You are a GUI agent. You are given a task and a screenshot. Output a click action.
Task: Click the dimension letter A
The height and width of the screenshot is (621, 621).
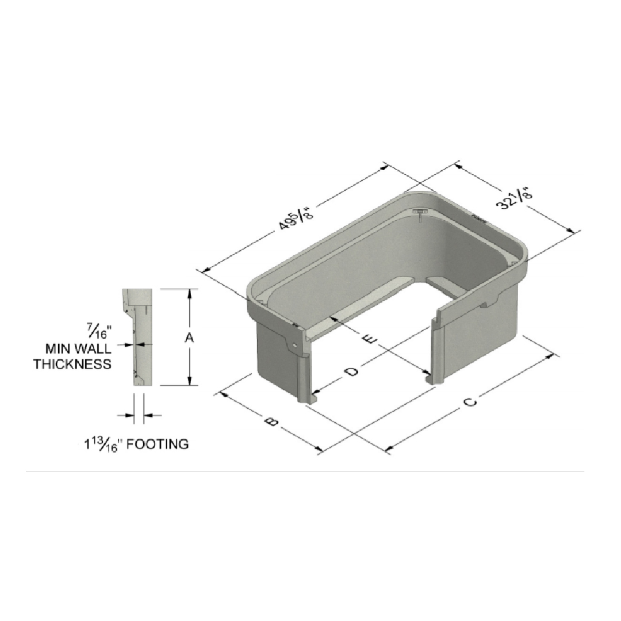click(189, 338)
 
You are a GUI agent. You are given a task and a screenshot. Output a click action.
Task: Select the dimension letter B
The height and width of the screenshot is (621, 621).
click(271, 421)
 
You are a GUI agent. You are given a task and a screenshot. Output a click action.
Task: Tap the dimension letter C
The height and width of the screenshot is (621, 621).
click(470, 402)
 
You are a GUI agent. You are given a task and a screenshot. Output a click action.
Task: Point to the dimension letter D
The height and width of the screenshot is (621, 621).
click(351, 371)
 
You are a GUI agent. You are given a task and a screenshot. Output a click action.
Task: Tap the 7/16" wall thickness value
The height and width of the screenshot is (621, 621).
click(97, 331)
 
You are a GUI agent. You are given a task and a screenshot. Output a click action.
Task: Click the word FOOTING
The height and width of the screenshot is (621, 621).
click(157, 444)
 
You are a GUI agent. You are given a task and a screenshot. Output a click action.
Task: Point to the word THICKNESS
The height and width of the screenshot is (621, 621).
click(72, 363)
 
